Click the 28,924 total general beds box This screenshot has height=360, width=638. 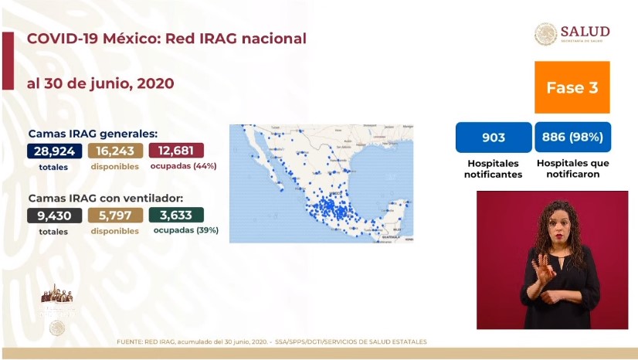coord(54,151)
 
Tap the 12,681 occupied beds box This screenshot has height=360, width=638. coord(176,151)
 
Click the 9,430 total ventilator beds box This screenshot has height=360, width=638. coord(54,215)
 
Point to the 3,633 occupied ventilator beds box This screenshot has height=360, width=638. coord(176,215)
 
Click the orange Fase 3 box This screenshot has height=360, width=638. coord(572,88)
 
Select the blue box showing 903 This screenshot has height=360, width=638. coord(494,138)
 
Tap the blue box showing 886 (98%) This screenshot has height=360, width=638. coord(572,138)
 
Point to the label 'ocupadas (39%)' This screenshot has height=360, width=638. coord(185,230)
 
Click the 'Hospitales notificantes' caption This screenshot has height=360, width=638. coord(494,168)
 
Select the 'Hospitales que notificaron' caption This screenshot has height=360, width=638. coord(572,168)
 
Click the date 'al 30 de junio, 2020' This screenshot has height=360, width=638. coord(100,83)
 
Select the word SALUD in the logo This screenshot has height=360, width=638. coord(585,32)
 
